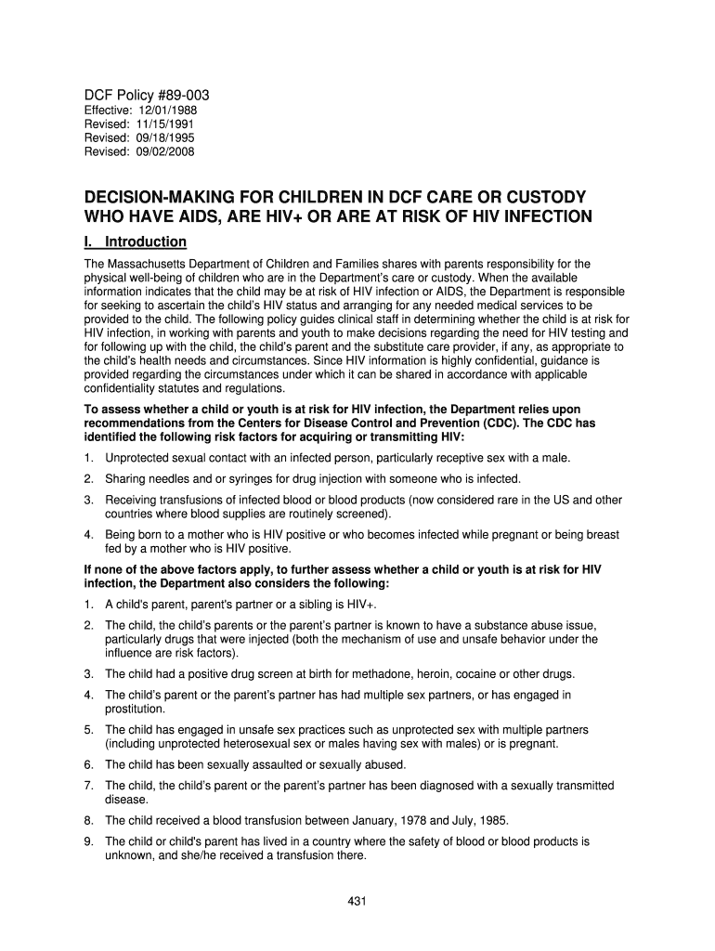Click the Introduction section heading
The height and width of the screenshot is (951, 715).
(146, 242)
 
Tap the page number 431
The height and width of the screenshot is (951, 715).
(357, 900)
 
